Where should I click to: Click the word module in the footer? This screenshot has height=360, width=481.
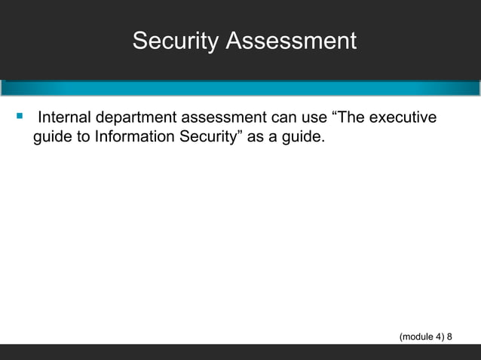click(x=417, y=337)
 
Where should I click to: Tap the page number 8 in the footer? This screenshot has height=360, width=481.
click(x=450, y=337)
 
